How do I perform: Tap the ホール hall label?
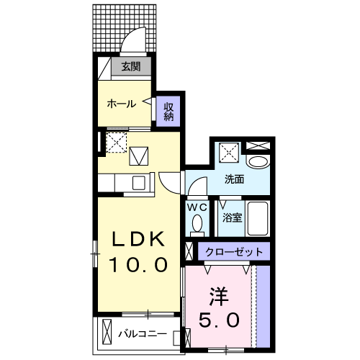(x=122, y=104)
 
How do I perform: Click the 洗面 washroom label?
(x=234, y=179)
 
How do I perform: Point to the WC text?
(x=197, y=207)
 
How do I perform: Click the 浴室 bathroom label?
(x=231, y=216)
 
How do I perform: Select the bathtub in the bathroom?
(x=258, y=218)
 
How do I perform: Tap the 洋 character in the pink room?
(x=220, y=294)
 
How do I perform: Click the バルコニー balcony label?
(x=143, y=334)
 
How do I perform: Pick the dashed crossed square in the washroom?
(x=230, y=150)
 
